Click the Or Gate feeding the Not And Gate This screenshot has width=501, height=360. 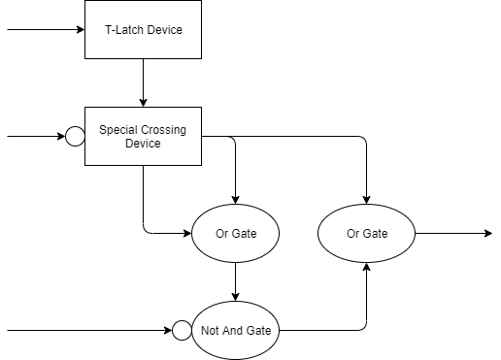[x=236, y=234]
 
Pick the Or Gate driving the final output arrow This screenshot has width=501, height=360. [x=366, y=234]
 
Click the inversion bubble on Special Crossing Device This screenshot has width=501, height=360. [x=75, y=136]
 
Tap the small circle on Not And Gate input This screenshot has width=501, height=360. [x=182, y=330]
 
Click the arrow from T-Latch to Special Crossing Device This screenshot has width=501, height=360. [x=143, y=82]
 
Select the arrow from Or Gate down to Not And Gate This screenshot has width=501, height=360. [x=236, y=281]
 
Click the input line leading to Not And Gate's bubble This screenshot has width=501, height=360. [x=87, y=330]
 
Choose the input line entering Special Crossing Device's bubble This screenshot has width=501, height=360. [x=34, y=136]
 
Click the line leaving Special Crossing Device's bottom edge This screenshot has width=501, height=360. [x=143, y=199]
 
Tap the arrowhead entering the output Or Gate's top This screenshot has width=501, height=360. [x=366, y=199]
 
